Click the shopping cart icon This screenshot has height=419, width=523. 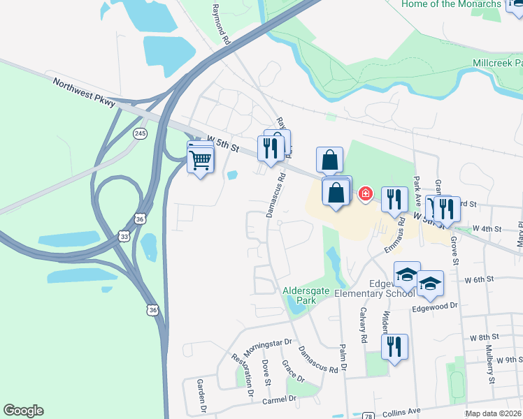point(201,161)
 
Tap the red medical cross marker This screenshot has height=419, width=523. point(365,193)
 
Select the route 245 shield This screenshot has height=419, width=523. point(141,133)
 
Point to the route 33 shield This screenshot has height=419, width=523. point(124,236)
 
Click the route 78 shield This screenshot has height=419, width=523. point(368,416)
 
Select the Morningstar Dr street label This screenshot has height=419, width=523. point(267,347)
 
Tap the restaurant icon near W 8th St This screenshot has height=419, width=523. point(395,346)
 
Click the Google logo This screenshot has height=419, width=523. point(23,411)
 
